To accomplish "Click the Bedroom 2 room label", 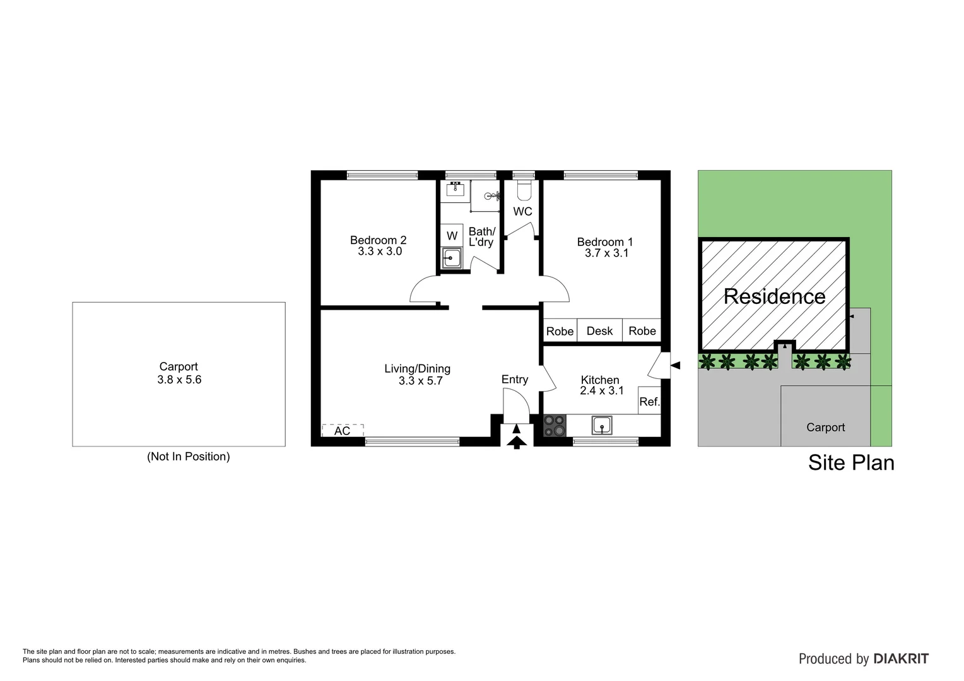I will (378, 240).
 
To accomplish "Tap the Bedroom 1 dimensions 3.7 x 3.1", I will (606, 253).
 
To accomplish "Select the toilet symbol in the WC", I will (524, 189).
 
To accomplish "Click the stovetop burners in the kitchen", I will (555, 425).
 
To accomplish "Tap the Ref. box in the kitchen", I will (649, 400).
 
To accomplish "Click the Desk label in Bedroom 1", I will (599, 331).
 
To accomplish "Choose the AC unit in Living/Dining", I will (343, 431).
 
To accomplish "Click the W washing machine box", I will (452, 236).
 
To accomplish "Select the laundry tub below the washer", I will (452, 257).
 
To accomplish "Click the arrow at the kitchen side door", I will (675, 365).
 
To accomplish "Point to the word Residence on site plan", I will (774, 296).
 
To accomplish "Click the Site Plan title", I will (851, 463).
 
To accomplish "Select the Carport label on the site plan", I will (825, 428).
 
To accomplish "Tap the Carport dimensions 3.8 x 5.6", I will (179, 380).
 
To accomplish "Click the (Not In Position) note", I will (188, 457).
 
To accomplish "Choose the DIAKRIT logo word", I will (901, 659).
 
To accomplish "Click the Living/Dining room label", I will (418, 369).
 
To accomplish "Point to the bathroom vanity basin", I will (455, 189).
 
